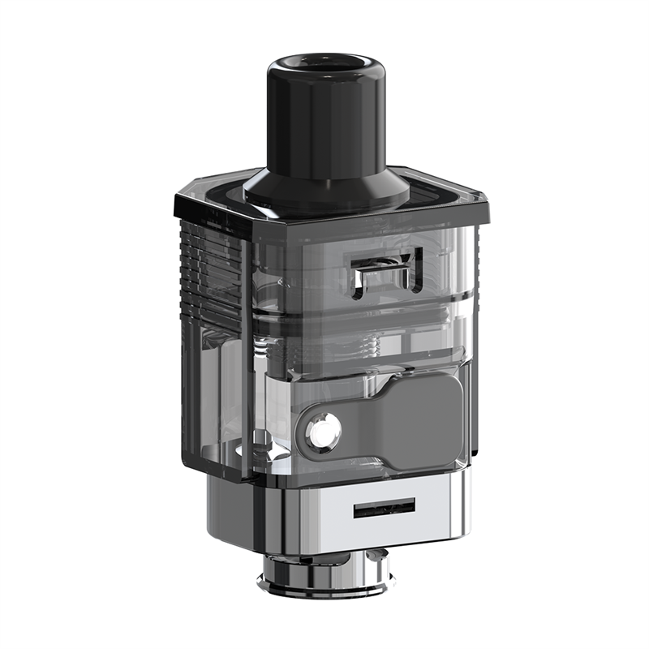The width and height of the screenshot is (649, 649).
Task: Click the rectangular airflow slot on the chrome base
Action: pos(384,509)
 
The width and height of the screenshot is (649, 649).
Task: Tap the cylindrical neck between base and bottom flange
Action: pos(324,560)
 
